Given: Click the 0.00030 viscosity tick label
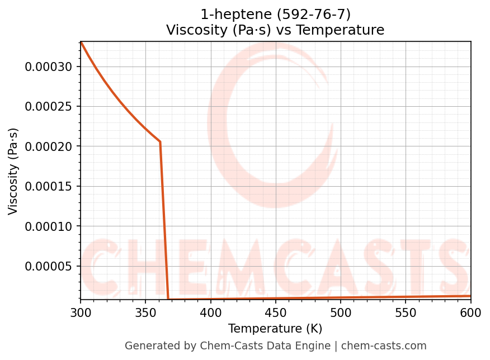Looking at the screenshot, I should coord(49,67).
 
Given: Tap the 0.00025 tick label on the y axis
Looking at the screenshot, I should coord(49,107).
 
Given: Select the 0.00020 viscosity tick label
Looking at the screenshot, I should coord(49,146).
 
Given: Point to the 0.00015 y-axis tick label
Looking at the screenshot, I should coord(49,187).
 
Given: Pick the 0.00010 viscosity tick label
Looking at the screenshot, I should coord(49,226).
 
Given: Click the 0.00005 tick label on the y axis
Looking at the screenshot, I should coord(49,266).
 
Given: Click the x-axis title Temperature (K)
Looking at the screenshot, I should coord(275,329).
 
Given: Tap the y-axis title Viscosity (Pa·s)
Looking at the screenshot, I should coord(13,171).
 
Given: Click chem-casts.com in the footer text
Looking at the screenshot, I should coord(384,346).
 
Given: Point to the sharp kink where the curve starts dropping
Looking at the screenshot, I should coord(160,142).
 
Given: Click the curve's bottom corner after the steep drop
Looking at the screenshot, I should coord(168,299).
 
